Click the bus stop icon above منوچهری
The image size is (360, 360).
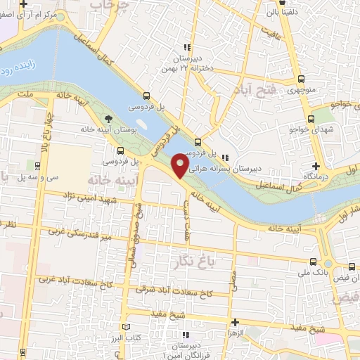302,79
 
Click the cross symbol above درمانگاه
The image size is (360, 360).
316,166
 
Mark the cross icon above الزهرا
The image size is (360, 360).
233,322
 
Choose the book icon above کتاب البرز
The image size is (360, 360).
127,328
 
